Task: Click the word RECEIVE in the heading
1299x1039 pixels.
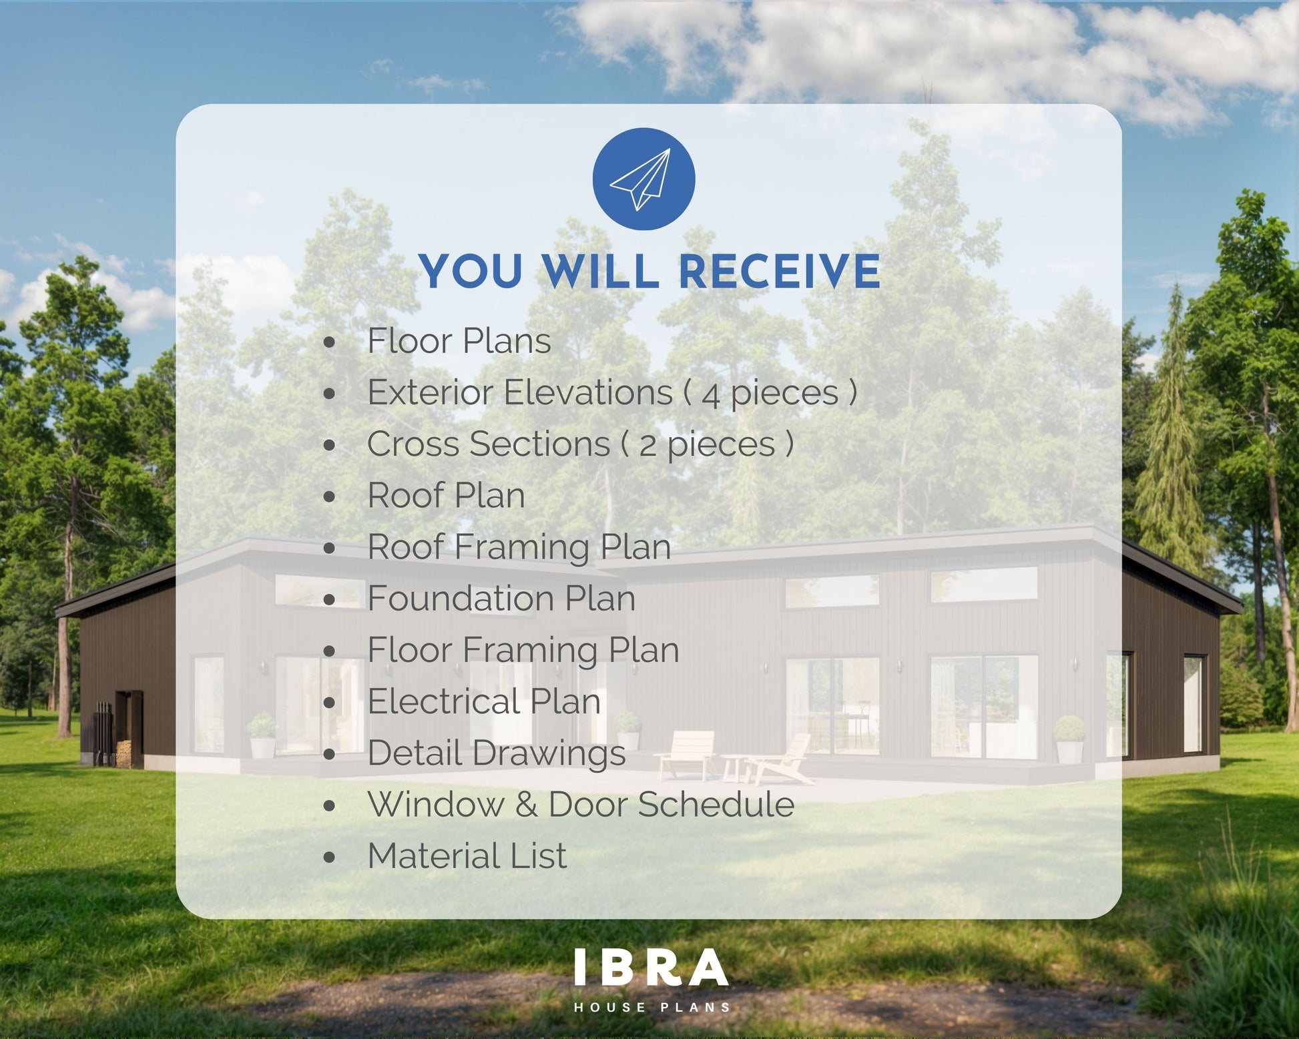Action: (779, 271)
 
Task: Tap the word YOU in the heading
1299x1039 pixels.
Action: (471, 271)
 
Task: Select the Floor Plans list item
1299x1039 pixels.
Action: (459, 341)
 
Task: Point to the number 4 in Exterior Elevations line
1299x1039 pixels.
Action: (711, 394)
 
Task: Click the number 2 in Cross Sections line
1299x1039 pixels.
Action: (647, 446)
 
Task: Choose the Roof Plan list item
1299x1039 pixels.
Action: (446, 496)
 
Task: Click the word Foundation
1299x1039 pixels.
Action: (462, 599)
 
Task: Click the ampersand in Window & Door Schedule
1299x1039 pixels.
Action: (526, 805)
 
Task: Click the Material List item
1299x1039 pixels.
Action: (467, 856)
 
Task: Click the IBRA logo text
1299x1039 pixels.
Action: (652, 968)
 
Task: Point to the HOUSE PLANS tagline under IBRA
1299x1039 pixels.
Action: (652, 1007)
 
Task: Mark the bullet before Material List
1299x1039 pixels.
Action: (329, 858)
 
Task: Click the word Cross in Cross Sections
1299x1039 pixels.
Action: (413, 444)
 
